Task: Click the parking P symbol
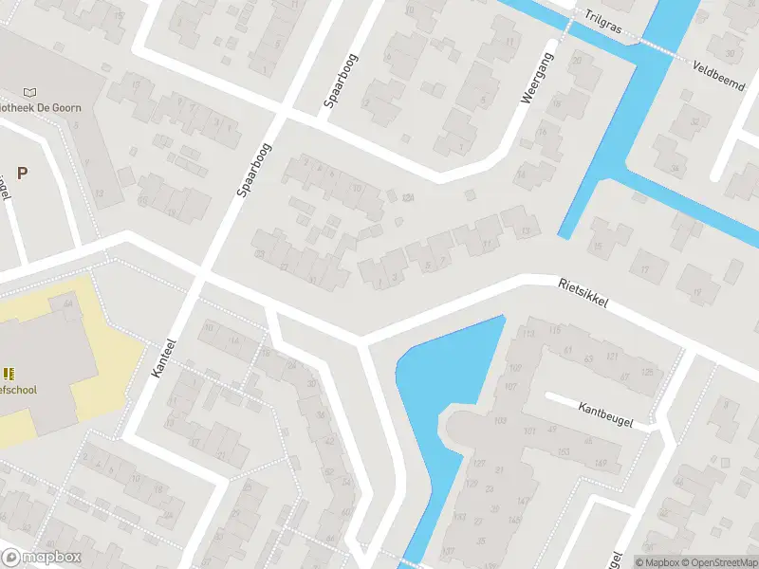[22, 173]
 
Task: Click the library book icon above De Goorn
[30, 92]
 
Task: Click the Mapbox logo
[42, 558]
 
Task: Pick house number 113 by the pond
[528, 333]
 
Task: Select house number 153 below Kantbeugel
[563, 451]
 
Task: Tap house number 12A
[408, 197]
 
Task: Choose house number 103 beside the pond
[500, 419]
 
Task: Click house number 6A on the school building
[67, 303]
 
